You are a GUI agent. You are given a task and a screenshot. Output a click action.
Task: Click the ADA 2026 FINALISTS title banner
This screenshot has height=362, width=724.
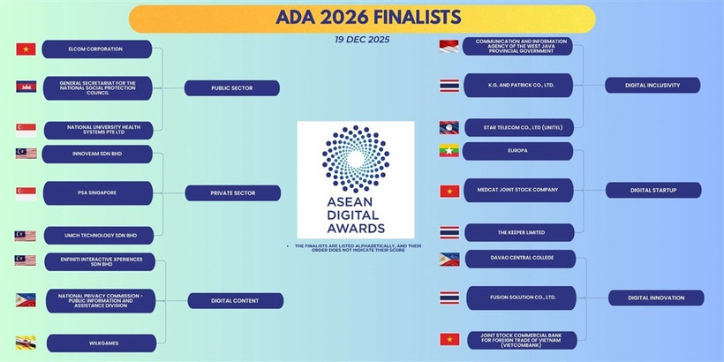[362, 18]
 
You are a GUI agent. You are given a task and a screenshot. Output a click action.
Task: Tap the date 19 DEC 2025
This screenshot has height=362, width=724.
[362, 40]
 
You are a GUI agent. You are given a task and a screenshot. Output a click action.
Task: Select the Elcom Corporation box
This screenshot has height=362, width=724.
[97, 49]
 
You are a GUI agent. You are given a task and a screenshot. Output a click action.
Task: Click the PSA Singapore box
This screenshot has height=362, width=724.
[97, 192]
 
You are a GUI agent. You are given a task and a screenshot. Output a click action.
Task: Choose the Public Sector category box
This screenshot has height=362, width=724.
[232, 88]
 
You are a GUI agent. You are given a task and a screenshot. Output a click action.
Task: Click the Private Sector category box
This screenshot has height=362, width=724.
[232, 192]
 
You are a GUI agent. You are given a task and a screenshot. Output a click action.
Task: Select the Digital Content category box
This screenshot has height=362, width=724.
[235, 300]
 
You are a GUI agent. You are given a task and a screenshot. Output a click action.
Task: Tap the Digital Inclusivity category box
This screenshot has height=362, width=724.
[652, 85]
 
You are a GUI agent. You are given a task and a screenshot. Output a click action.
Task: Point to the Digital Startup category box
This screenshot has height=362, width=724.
[653, 190]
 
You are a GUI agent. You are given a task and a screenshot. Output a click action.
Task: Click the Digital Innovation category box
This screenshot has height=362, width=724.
[656, 298]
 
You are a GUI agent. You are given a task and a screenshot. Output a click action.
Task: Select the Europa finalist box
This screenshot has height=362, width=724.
[517, 151]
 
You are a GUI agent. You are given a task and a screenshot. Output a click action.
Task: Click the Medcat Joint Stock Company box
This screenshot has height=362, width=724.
[517, 189]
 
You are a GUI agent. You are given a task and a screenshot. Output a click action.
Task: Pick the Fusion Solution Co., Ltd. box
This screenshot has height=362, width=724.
[521, 298]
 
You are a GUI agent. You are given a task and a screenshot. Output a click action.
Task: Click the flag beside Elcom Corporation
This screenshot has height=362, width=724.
[26, 49]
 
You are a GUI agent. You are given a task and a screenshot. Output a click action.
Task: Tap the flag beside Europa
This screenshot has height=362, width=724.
[449, 151]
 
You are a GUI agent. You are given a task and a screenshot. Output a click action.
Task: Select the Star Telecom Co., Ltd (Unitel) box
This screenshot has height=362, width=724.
[517, 126]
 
